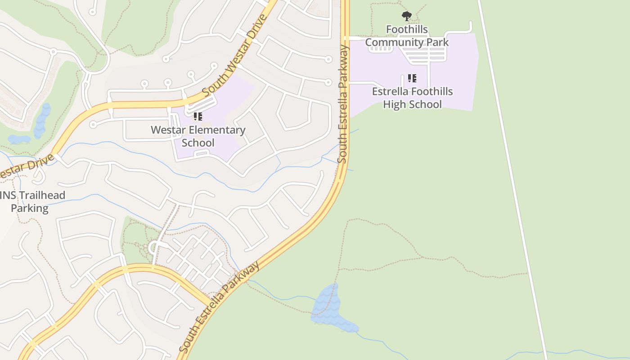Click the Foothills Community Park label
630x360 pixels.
pos(407,36)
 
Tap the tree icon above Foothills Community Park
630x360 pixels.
pos(407,17)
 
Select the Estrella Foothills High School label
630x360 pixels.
pos(412,98)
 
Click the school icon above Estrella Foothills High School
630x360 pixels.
pos(412,78)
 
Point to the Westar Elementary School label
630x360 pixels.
pos(198,136)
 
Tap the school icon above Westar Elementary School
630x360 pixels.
pos(198,117)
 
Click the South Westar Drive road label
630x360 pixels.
pos(235,56)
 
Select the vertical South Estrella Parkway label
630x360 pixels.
pos(344,103)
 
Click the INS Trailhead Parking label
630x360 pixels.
pos(31,202)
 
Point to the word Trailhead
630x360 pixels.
pos(40,195)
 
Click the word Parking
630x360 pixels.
pos(30,208)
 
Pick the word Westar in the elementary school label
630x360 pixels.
pos(167,130)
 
